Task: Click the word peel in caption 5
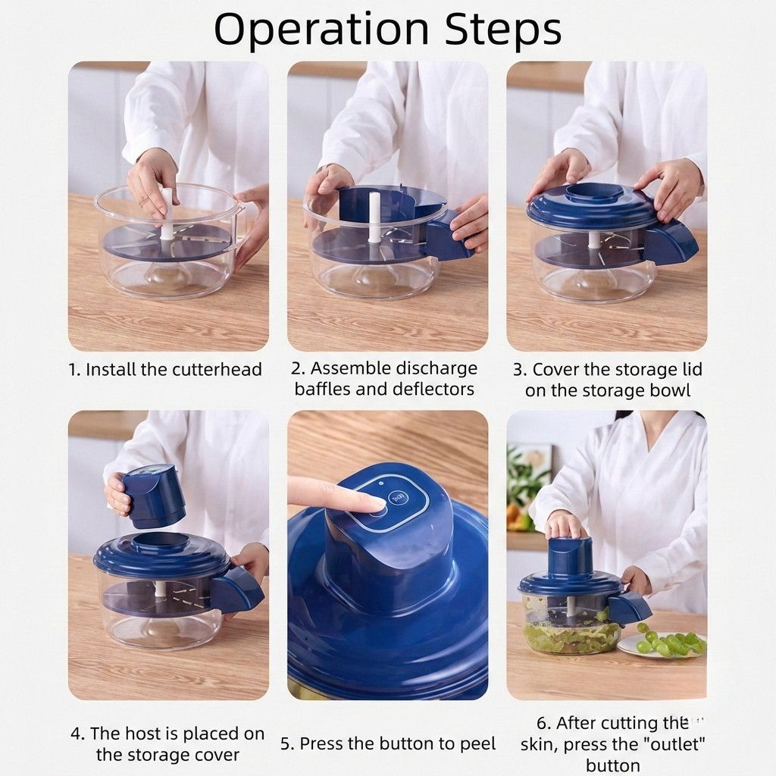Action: click(477, 743)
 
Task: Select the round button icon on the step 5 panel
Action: click(396, 498)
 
